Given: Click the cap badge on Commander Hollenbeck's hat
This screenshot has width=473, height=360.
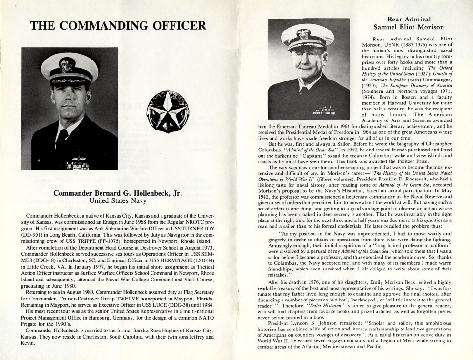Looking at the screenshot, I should pyautogui.click(x=67, y=64).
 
